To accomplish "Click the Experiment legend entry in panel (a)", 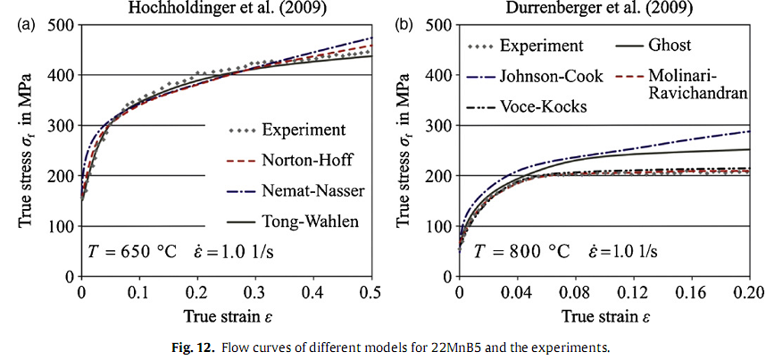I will tap(304, 130).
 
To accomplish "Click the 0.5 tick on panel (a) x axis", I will tap(371, 292).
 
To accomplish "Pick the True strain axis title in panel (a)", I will tap(227, 316).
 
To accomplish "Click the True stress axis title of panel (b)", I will tap(412, 149).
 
